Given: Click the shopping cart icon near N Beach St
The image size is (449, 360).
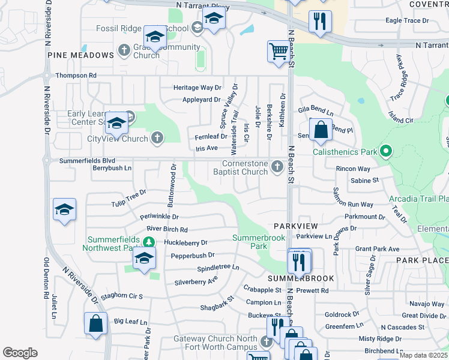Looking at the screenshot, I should [x=279, y=51].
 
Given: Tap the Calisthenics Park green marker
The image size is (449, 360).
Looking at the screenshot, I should [x=386, y=152].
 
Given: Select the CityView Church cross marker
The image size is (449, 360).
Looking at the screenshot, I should [x=157, y=139].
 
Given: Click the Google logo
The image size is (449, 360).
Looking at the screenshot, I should [x=20, y=353].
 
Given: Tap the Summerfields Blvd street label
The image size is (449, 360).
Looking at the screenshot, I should [x=87, y=161].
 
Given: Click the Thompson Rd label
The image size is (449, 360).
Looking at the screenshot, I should [x=76, y=76].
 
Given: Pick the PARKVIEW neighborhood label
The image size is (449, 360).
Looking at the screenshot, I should [x=295, y=226].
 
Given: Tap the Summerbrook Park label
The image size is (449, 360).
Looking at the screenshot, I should [x=258, y=242].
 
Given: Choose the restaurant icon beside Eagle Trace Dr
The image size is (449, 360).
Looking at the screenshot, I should [x=320, y=21].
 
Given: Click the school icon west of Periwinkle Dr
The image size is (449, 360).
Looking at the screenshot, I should [x=64, y=209].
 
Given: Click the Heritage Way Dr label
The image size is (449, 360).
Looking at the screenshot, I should [x=197, y=88].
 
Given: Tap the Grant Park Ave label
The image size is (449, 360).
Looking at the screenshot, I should [x=377, y=249].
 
